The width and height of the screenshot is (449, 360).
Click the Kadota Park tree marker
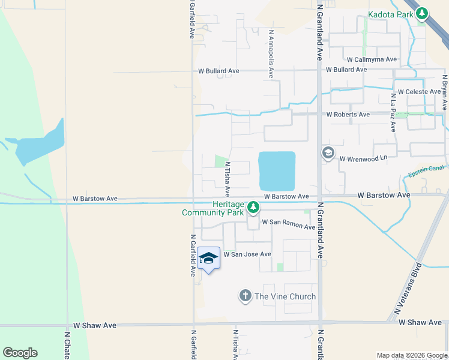click(x=423, y=13)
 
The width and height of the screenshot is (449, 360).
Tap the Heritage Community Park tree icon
click(x=254, y=207)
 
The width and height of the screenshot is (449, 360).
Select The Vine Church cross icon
click(x=245, y=296)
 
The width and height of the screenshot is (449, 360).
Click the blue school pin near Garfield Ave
click(x=208, y=259)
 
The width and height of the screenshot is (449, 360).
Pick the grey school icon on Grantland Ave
click(x=328, y=153)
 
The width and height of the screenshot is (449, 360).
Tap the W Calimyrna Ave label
click(x=372, y=59)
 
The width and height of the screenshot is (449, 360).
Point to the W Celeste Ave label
click(x=420, y=92)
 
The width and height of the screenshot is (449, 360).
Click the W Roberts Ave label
click(x=348, y=115)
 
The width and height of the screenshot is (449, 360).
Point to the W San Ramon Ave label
click(x=288, y=225)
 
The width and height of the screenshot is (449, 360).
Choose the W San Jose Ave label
click(x=248, y=254)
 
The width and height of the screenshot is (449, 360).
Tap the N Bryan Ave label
click(x=445, y=92)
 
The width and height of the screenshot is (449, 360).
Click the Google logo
click(x=20, y=353)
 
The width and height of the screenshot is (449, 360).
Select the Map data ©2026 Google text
click(x=411, y=355)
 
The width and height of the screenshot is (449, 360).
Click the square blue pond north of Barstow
click(x=277, y=170)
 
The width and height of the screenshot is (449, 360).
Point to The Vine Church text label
click(x=285, y=296)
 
